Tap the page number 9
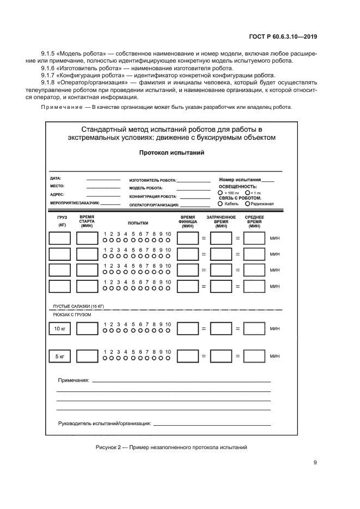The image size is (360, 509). pos(315,463)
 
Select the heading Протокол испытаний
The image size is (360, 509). pos(172,153)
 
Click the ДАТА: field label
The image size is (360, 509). pos(56,178)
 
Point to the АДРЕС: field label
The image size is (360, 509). pos(57,194)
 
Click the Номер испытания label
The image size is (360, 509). pos(240,179)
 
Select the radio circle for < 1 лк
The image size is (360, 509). pos(248,192)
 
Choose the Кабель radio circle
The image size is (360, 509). pos(220,204)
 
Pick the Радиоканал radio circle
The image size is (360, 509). pos(248,204)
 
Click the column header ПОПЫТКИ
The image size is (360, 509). pos(138,223)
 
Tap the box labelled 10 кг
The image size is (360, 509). pos(59,328)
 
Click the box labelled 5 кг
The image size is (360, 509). pos(59,356)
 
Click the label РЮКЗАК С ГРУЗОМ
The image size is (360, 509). pos(71,315)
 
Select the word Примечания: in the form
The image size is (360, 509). pos(74,381)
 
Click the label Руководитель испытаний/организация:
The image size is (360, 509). pos(105,423)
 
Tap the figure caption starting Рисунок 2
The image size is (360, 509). pos(171,447)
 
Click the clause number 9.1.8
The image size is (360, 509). pos(50,82)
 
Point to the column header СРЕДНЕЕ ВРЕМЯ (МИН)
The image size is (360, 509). pos(254,222)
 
